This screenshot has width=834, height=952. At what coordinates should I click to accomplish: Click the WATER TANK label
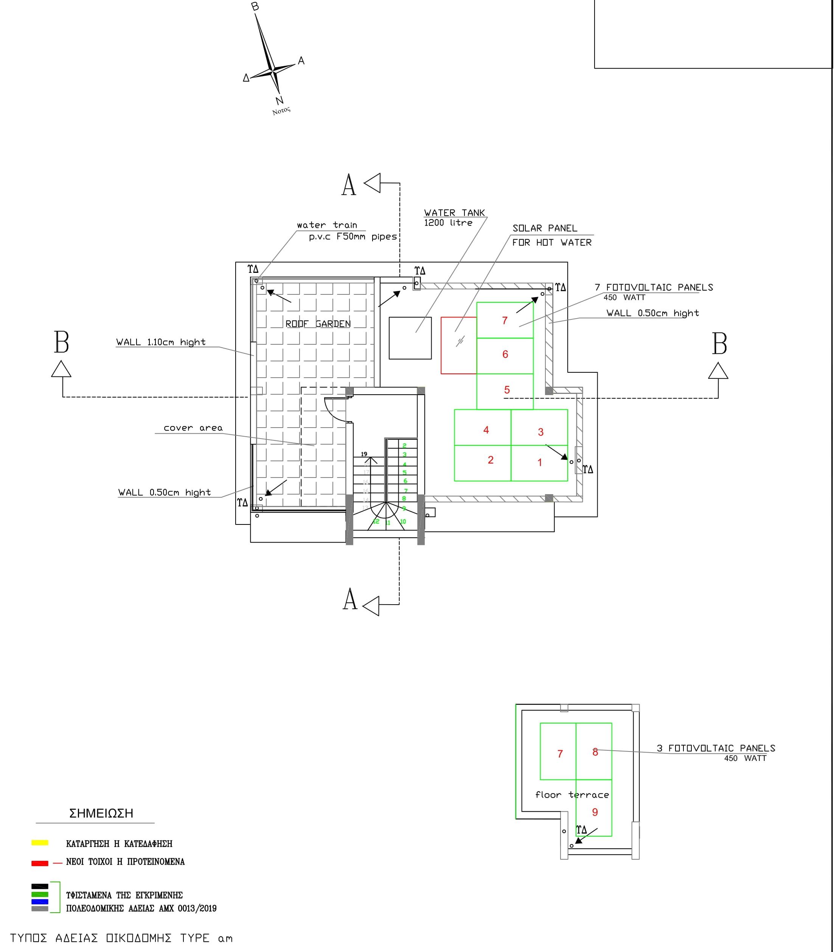point(454,213)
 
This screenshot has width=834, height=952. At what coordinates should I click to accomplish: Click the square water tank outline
point(410,338)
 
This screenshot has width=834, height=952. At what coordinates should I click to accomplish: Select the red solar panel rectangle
point(458,345)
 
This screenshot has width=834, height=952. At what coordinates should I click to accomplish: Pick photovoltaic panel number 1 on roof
point(539,463)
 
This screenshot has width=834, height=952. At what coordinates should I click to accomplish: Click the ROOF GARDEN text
point(318,324)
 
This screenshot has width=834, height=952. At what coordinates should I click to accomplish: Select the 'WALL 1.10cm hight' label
point(161,342)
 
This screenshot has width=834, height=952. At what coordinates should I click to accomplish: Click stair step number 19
point(364,454)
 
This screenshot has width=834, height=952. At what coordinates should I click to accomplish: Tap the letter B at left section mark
point(61,343)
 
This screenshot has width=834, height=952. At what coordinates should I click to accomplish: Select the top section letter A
point(349,185)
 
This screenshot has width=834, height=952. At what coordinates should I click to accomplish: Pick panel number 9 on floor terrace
point(594,812)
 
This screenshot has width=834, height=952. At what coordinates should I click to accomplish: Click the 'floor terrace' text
point(572,795)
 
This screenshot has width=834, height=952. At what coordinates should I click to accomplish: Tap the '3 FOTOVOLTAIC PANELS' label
point(715,748)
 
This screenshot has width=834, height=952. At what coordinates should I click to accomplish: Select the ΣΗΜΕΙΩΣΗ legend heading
point(101,813)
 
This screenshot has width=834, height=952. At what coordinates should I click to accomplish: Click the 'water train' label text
point(327,225)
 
